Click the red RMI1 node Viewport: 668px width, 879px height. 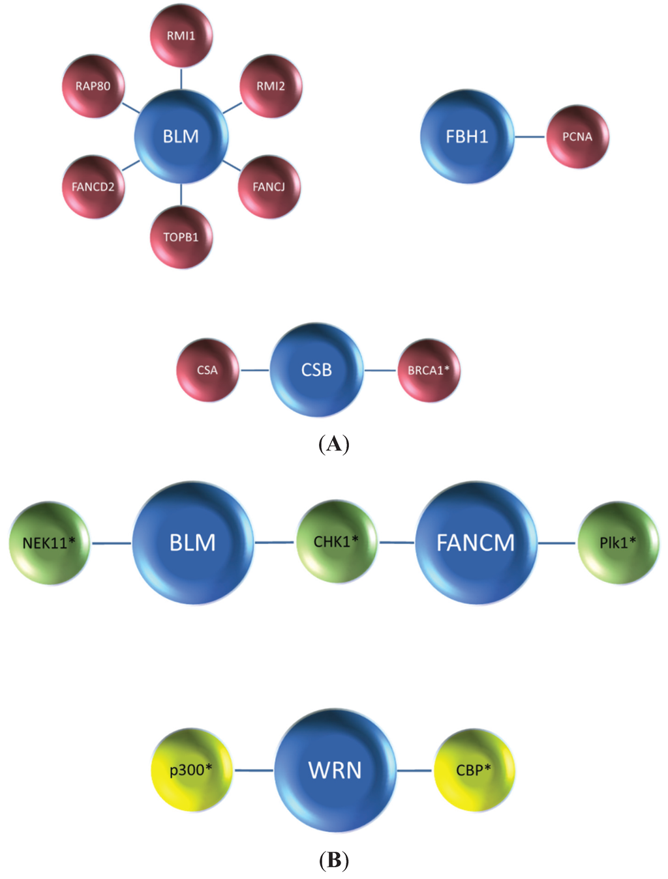pos(181,36)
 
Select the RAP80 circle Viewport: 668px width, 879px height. pos(93,86)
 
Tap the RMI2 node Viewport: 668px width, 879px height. pos(271,86)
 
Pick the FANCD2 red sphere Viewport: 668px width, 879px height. pos(93,187)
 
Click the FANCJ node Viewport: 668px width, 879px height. pos(269,187)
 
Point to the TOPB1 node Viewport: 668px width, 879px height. pos(181,237)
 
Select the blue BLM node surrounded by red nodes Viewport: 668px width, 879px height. pos(181,137)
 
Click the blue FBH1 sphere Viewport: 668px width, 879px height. pos(467,137)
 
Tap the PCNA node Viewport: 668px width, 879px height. pos(577,137)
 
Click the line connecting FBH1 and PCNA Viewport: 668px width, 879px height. pos(530,137)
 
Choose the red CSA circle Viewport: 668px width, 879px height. pos(207,370)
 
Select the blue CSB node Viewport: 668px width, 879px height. pos(317,370)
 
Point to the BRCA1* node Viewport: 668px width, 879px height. pos(429,370)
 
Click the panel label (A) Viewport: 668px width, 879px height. pos(334,444)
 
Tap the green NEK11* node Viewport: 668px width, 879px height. pos(50,543)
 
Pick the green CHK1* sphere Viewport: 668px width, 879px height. pos(337,541)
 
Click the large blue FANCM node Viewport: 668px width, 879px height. pos(476,543)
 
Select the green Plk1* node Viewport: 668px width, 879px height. pos(618,543)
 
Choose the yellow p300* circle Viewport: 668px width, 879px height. pos(191,770)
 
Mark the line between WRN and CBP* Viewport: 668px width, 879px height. pos(414,771)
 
